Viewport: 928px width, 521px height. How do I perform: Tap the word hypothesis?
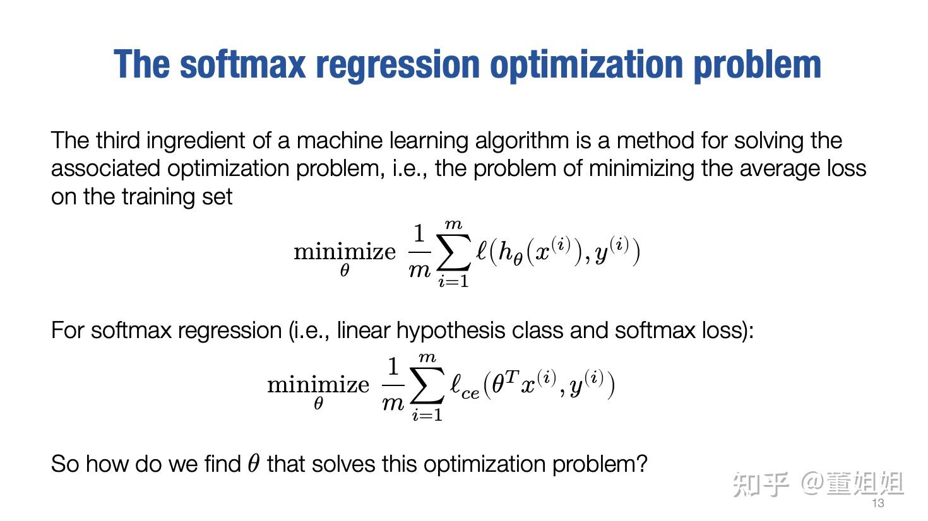pyautogui.click(x=458, y=331)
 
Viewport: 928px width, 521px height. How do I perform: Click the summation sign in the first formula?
pyautogui.click(x=455, y=253)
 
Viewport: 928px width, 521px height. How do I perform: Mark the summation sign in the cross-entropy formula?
pyautogui.click(x=427, y=386)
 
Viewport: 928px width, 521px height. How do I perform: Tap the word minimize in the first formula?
pyautogui.click(x=345, y=252)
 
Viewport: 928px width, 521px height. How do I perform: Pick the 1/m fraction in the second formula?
pyautogui.click(x=393, y=384)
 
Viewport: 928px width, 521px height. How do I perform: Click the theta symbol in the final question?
pyautogui.click(x=253, y=464)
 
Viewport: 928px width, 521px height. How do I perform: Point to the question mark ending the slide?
pyautogui.click(x=642, y=464)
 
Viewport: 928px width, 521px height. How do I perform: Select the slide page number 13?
pyautogui.click(x=877, y=503)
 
